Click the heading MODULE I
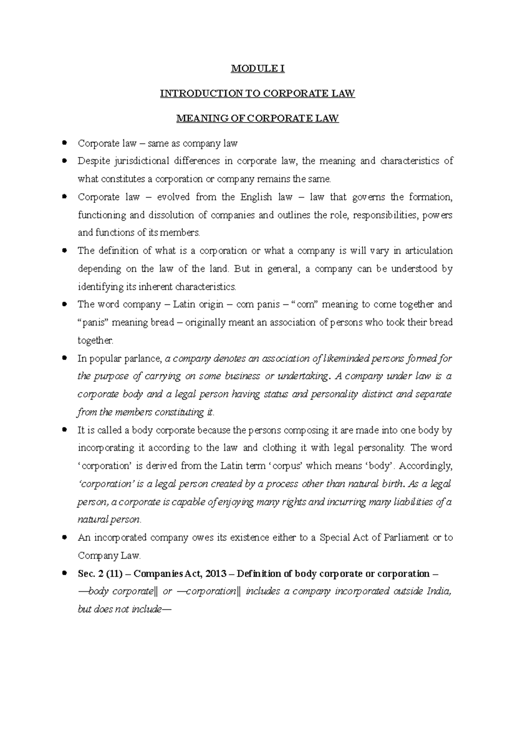[x=257, y=69]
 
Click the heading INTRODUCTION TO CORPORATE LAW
[x=257, y=94]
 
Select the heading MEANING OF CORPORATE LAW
[x=257, y=118]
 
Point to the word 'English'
[x=256, y=197]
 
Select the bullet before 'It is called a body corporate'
[x=64, y=429]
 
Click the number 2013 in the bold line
[x=219, y=574]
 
